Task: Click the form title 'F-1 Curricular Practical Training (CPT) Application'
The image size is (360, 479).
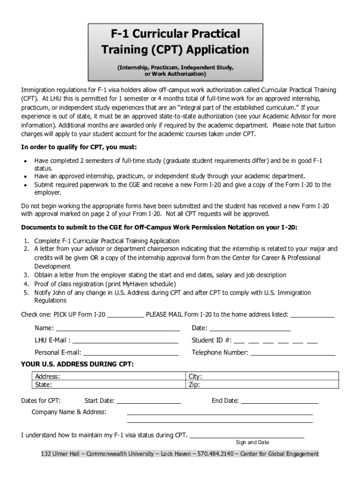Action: (176, 42)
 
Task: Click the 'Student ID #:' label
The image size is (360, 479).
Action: (211, 340)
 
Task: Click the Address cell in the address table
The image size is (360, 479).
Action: (108, 377)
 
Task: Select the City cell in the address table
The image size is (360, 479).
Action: (262, 377)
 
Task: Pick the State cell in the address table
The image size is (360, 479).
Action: (108, 385)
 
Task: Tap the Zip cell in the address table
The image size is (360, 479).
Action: (262, 385)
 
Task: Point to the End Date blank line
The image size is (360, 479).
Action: (280, 402)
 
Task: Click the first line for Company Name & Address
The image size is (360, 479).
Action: (220, 414)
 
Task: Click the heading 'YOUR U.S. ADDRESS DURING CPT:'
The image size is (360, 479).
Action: (77, 364)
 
